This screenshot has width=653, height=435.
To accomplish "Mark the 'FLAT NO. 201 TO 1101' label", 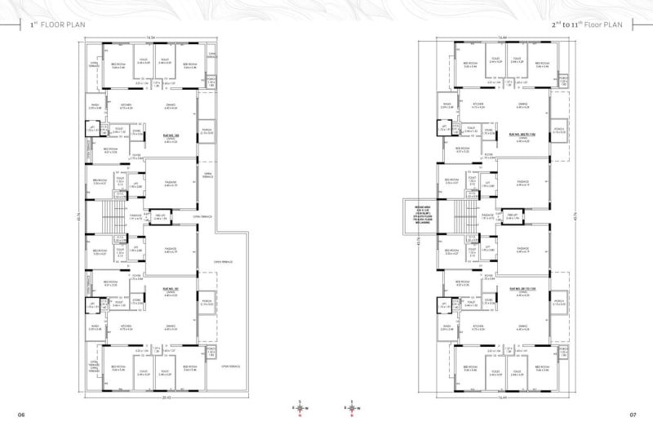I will pos(519,288).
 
